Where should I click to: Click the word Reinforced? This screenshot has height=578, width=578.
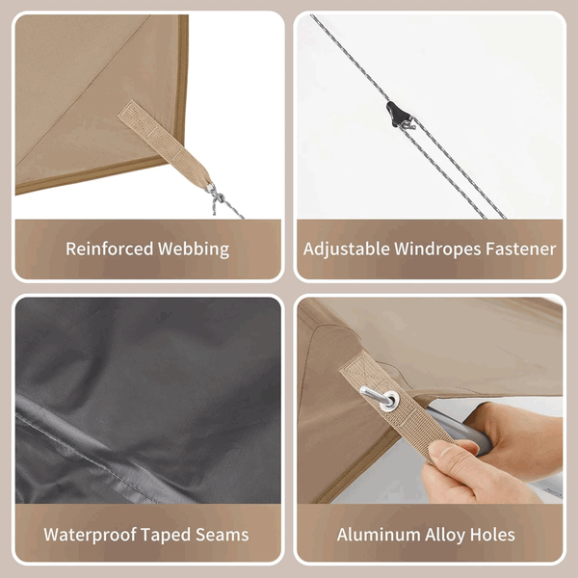(x=109, y=249)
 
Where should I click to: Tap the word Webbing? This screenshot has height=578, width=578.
(x=194, y=250)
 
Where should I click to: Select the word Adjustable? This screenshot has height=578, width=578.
(x=347, y=250)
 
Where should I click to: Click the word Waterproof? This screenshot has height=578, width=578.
(x=90, y=535)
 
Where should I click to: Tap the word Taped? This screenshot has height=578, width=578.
(x=166, y=535)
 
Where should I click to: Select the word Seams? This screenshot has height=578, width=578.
(x=223, y=535)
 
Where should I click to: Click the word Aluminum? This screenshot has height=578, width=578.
(x=379, y=535)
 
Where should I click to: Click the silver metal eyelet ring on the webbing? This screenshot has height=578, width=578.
(x=389, y=401)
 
